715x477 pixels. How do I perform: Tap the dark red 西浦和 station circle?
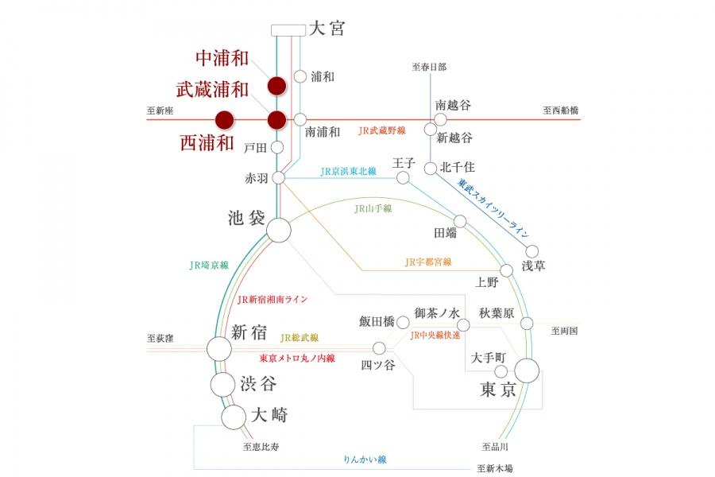tap(226, 120)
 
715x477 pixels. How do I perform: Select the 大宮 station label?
tap(326, 29)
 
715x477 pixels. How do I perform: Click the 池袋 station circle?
tap(278, 231)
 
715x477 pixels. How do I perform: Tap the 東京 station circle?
tap(527, 370)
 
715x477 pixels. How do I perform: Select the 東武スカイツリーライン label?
tap(493, 208)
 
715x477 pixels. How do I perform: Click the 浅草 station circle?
tap(532, 251)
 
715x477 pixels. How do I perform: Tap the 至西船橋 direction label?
tap(561, 111)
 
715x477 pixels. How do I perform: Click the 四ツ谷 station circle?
tap(379, 348)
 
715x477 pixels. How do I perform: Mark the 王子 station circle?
tap(403, 177)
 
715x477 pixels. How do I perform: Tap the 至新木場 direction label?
tap(495, 468)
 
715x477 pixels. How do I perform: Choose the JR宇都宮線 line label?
tap(427, 262)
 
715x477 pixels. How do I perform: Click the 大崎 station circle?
tap(234, 416)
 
